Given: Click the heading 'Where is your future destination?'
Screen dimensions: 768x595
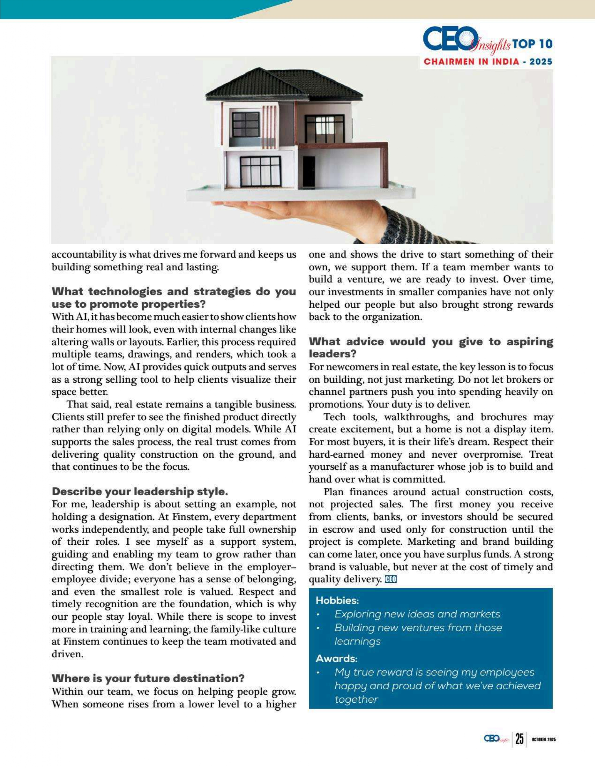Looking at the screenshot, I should pyautogui.click(x=148, y=678).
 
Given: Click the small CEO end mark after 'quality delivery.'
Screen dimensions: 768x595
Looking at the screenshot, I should pyautogui.click(x=391, y=579).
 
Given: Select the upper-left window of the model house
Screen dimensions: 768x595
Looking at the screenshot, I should pyautogui.click(x=246, y=125).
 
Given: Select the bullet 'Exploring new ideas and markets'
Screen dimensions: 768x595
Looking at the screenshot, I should pyautogui.click(x=417, y=614).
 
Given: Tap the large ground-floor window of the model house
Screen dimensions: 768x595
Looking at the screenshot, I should pyautogui.click(x=260, y=171).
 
